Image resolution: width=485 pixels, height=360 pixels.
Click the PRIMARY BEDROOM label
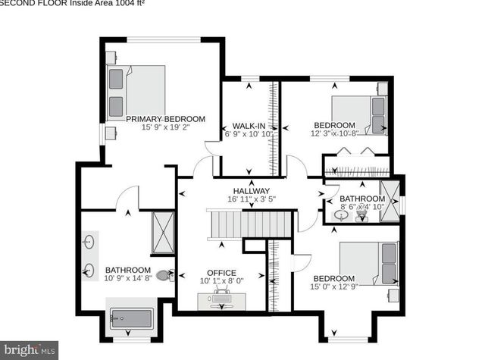pyautogui.click(x=165, y=119)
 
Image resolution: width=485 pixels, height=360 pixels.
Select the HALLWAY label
pyautogui.click(x=251, y=191)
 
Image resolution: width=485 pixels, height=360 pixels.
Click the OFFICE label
pyautogui.click(x=221, y=273)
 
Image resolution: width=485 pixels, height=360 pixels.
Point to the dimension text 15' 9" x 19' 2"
pyautogui.click(x=165, y=128)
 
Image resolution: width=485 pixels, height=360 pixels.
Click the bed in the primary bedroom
pyautogui.click(x=136, y=91)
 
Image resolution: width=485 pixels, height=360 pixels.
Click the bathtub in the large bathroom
pyautogui.click(x=131, y=319)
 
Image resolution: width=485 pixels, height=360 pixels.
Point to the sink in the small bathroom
pyautogui.click(x=342, y=215)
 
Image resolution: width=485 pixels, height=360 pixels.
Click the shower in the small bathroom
pyautogui.click(x=390, y=199)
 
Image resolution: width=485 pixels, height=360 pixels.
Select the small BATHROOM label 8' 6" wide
pyautogui.click(x=362, y=199)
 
